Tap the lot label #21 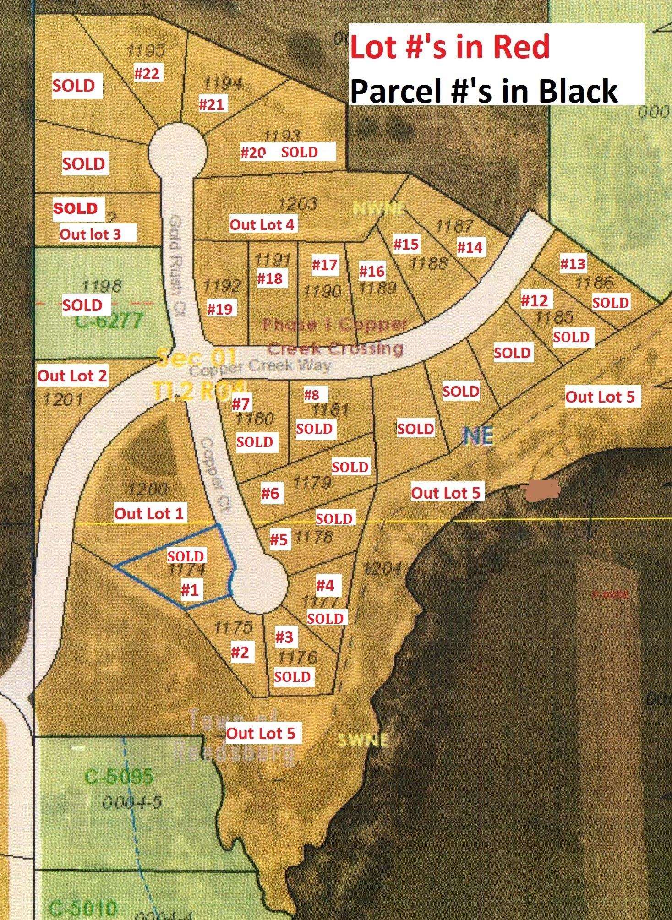tap(212, 104)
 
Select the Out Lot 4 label tap(262, 224)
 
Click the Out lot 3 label tap(91, 234)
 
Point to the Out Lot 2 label tap(72, 376)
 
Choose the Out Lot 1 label tap(149, 513)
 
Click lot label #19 tap(219, 309)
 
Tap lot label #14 tap(470, 247)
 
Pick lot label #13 tap(573, 264)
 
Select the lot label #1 tap(190, 590)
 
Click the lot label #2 tap(240, 652)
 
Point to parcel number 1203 tap(298, 203)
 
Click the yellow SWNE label tap(363, 740)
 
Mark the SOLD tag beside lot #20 tap(300, 152)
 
